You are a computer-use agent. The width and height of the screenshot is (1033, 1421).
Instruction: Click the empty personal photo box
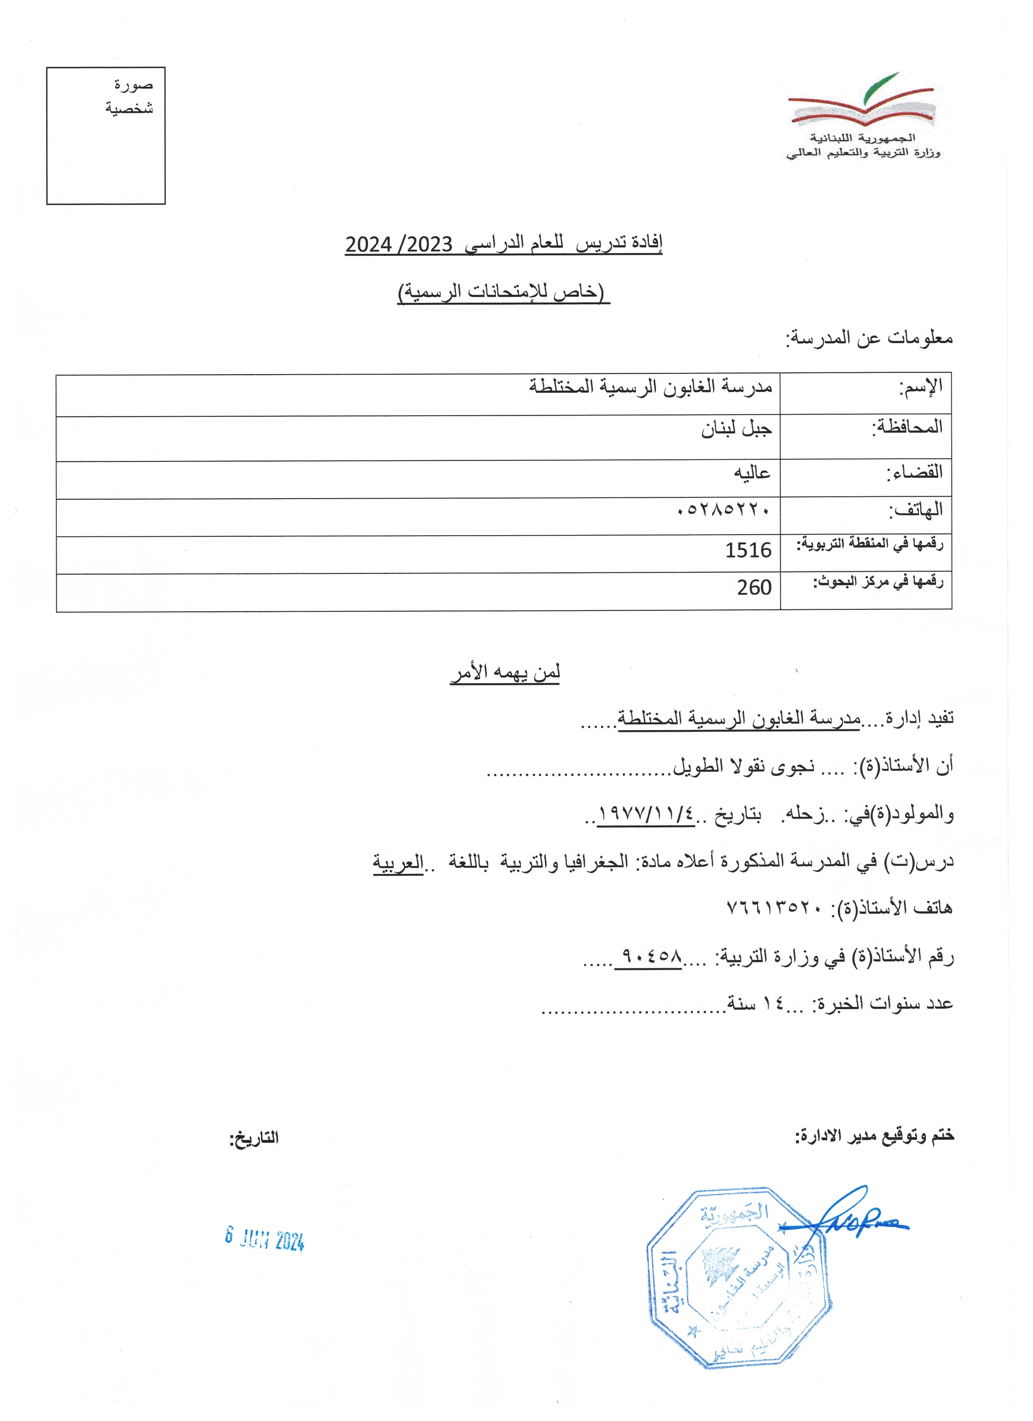coord(106,136)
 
